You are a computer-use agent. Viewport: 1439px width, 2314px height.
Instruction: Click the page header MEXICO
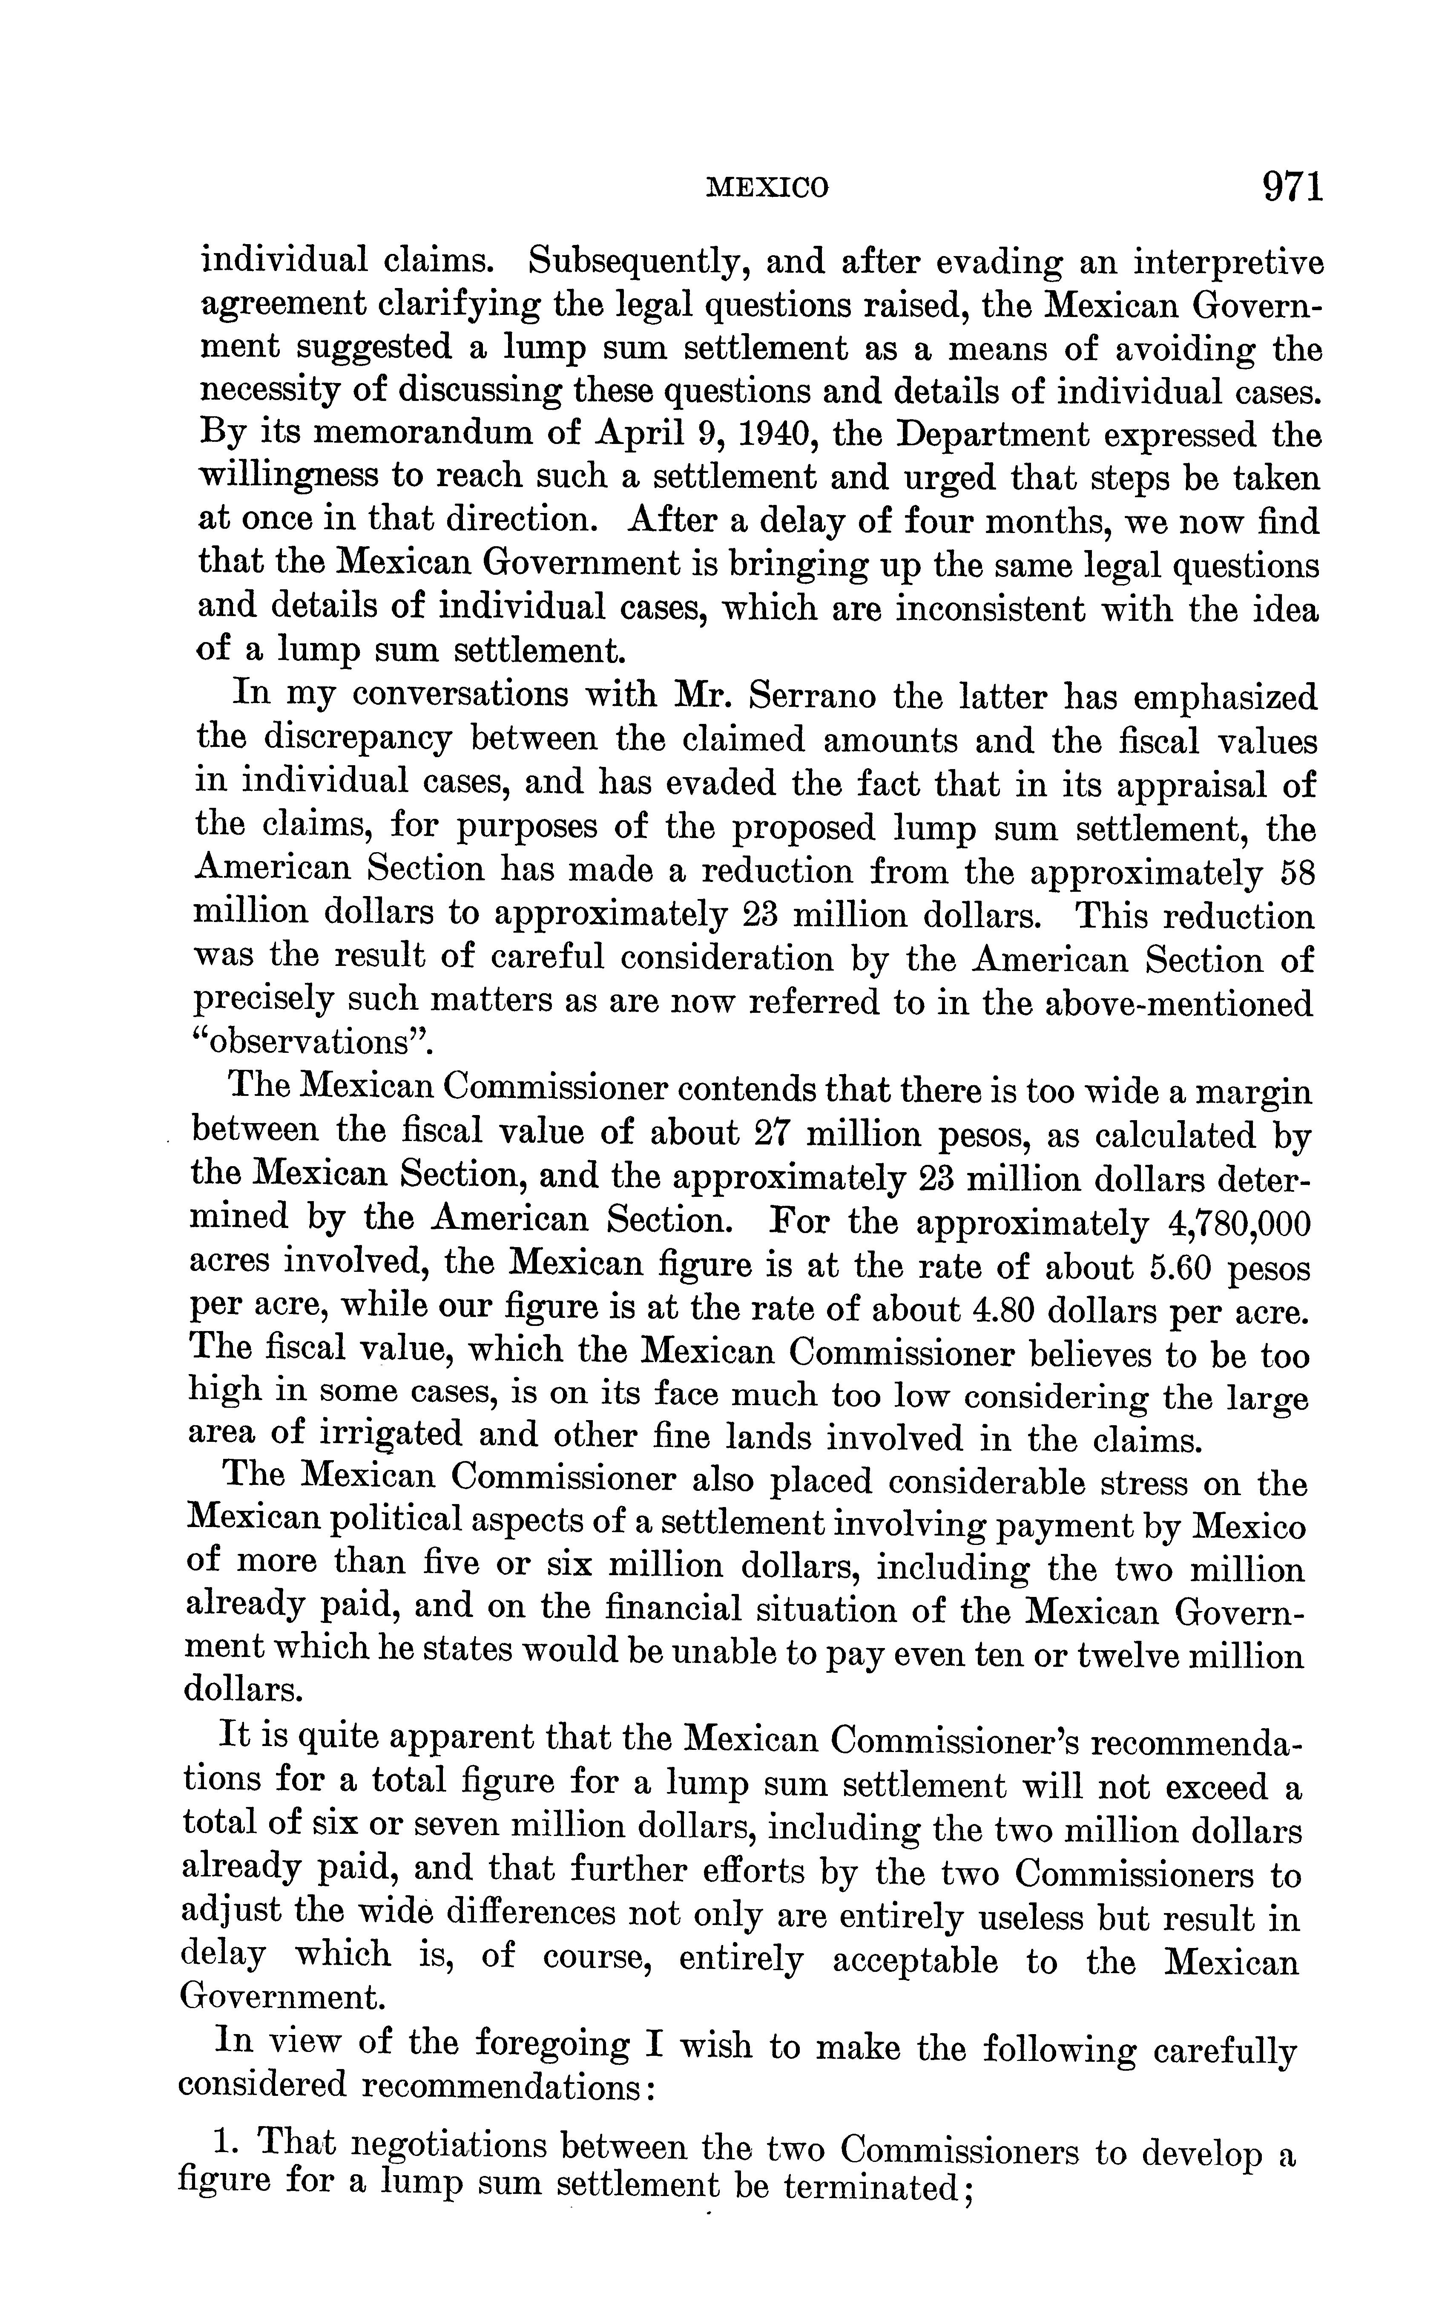click(x=767, y=188)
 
